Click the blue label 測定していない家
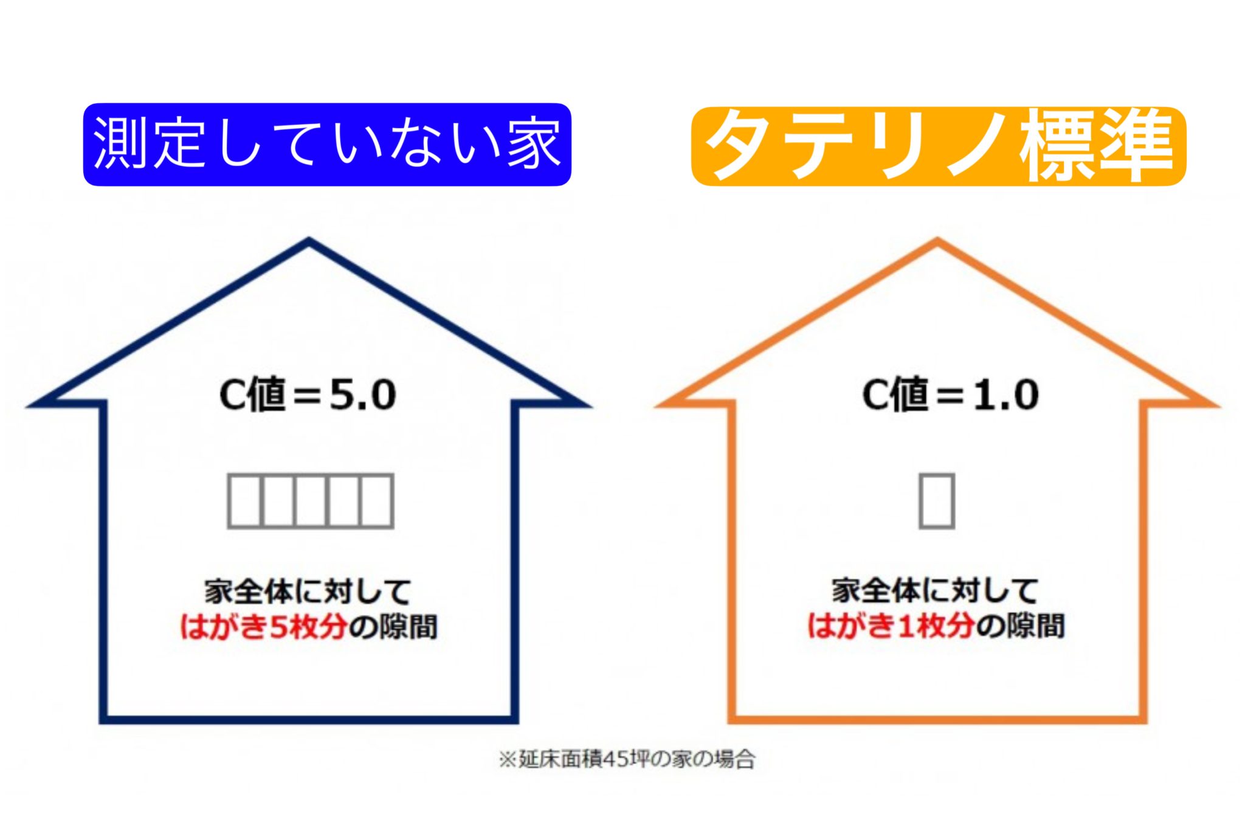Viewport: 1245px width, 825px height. coord(327,144)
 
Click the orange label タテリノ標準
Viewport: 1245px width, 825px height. coord(939,145)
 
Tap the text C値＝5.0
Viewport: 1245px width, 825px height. coord(308,395)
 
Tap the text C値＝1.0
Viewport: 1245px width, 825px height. coord(951,395)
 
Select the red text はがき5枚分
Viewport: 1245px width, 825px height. coord(263,627)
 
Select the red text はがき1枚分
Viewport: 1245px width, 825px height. coord(891,626)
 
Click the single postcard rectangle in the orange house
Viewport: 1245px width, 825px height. coord(937,501)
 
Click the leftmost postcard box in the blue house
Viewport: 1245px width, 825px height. coord(244,501)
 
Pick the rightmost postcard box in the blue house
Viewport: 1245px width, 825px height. coord(376,501)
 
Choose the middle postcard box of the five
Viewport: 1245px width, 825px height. coord(311,501)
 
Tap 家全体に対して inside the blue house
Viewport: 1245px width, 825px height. coord(308,592)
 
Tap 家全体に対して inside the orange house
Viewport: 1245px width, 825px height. coord(935,590)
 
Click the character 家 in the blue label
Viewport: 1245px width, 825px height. coord(534,144)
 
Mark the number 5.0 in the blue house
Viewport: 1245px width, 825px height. coord(363,395)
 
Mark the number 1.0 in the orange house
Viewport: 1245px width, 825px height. coord(1007,395)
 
